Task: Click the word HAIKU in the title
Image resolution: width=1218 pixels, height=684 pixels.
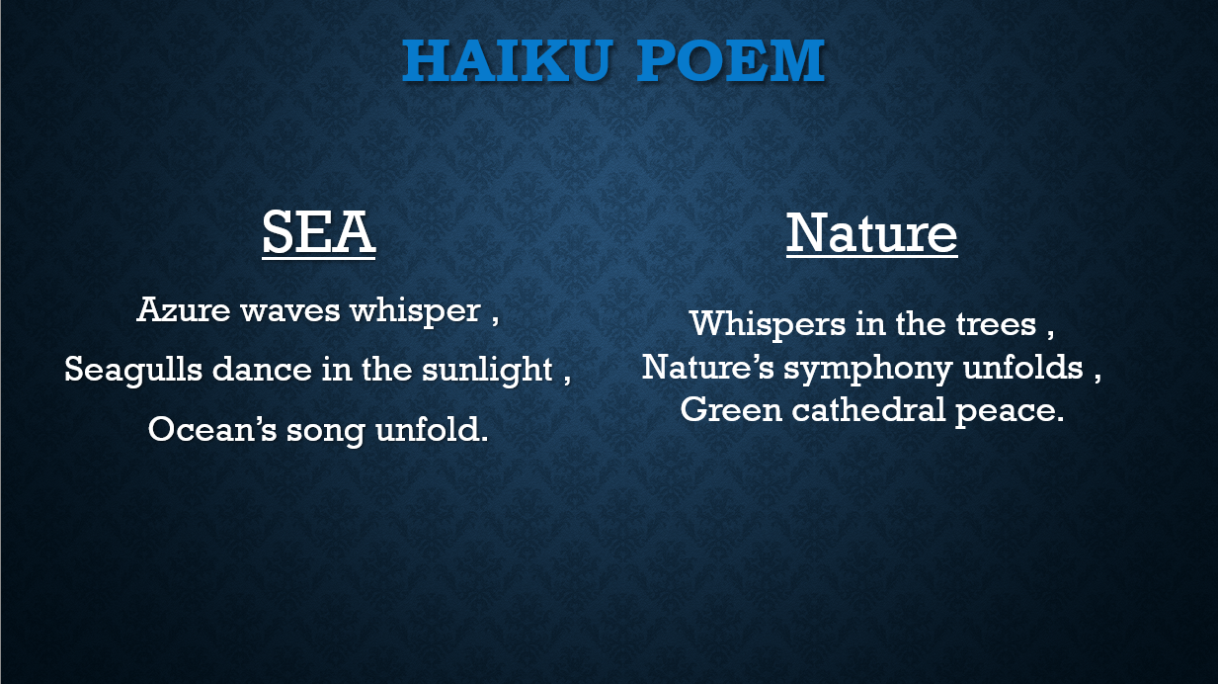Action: coord(508,60)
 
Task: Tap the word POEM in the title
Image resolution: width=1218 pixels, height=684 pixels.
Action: coord(731,60)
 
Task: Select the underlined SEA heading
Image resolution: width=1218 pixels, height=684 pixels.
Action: coord(319,233)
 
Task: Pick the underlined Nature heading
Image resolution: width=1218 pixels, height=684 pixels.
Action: coord(871,233)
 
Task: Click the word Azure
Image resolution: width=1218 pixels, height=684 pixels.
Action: coord(184,309)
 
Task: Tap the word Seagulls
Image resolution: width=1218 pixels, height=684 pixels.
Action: coord(133,370)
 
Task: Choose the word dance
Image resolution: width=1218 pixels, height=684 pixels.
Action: coord(262,369)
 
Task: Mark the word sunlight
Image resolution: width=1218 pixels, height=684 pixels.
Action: coord(487,370)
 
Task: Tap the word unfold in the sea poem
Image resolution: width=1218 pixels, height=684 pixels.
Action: coord(428,429)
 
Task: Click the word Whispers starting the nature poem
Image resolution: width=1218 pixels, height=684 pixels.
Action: coord(768,325)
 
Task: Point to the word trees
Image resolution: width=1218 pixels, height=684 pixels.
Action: coord(996,324)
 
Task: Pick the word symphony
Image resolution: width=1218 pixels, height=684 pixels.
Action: coord(868,369)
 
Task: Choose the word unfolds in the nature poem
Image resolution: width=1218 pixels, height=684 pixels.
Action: coord(1022,367)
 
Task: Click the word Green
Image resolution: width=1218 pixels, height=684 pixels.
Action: coord(731,410)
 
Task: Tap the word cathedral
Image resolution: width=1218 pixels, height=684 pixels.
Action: coord(868,409)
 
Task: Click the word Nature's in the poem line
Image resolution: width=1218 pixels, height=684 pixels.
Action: coord(708,367)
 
